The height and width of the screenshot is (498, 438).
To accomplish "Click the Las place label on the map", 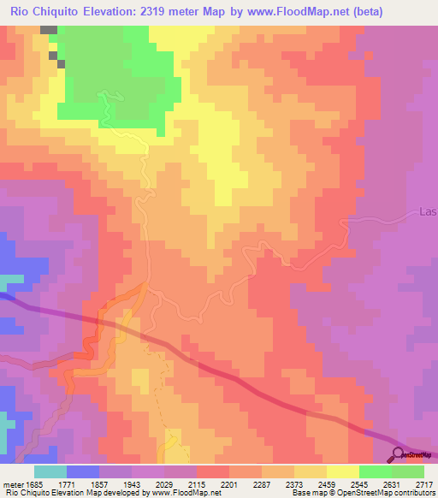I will pos(429,211).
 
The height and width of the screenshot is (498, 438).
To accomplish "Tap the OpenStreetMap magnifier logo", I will pos(399,455).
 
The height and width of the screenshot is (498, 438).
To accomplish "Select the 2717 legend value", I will pos(424,484).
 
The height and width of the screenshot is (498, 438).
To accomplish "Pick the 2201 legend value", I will pos(229,484).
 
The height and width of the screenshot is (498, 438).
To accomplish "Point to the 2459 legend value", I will pos(327,484).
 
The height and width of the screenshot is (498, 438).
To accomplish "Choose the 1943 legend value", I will pos(132,484).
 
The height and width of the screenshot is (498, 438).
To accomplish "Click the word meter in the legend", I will pos(12,484).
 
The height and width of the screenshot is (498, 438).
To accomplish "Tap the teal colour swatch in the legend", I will pos(50,471).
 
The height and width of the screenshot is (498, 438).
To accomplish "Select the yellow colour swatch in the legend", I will pos(343,471).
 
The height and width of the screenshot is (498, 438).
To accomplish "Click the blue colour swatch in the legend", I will pos(83,471).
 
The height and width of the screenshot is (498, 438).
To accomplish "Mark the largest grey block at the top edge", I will pos(49,30).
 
